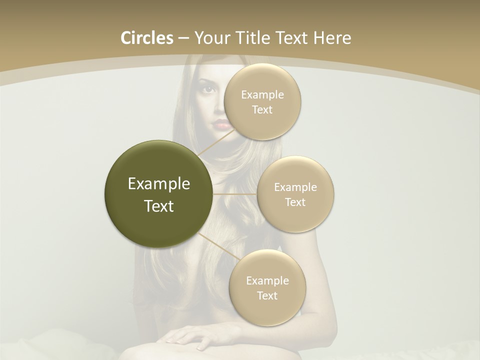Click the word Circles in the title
(146, 38)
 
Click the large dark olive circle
(158, 194)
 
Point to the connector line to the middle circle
(235, 194)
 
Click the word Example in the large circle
(158, 184)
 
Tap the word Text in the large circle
(158, 206)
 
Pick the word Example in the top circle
(262, 94)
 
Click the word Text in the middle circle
(295, 202)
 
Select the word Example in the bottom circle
(267, 280)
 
